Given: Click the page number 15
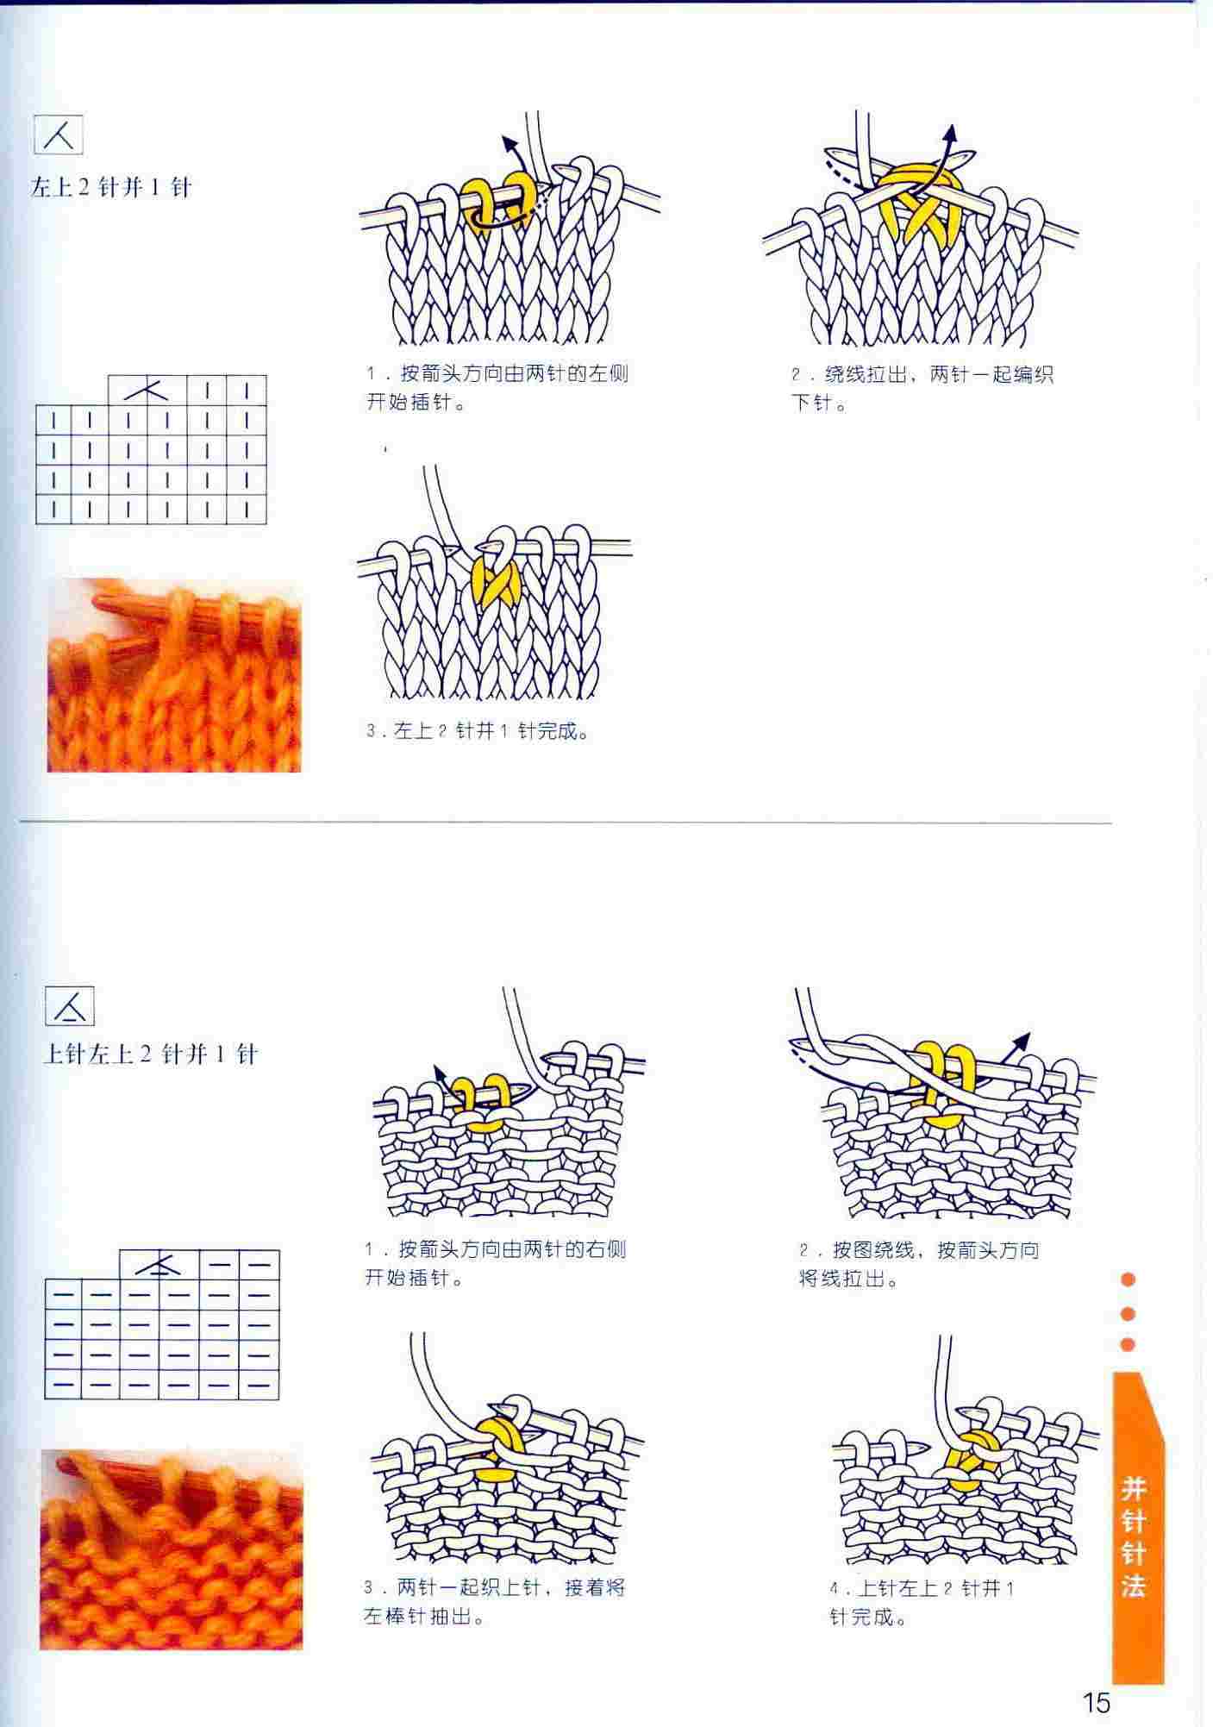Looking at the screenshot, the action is (1097, 1703).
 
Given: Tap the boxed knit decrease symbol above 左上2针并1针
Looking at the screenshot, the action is (59, 135).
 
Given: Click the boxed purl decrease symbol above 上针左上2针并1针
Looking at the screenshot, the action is (70, 1005).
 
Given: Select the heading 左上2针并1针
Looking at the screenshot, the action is (110, 187).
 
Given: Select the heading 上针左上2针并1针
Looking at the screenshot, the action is (151, 1054).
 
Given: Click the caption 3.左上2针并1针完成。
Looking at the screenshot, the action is (478, 731).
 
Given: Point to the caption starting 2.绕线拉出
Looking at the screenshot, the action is (922, 388).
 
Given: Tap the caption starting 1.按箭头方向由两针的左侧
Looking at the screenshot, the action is (497, 387).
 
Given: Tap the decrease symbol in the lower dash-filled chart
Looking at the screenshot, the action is (159, 1265).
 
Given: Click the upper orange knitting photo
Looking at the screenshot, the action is (174, 675).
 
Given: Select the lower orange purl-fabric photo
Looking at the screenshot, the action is (172, 1549).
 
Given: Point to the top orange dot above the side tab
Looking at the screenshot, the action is (1128, 1280).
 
